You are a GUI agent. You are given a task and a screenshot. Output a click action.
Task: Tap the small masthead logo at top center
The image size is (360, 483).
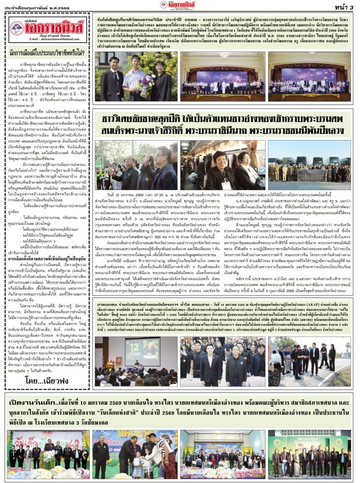pyautogui.click(x=177, y=5)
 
